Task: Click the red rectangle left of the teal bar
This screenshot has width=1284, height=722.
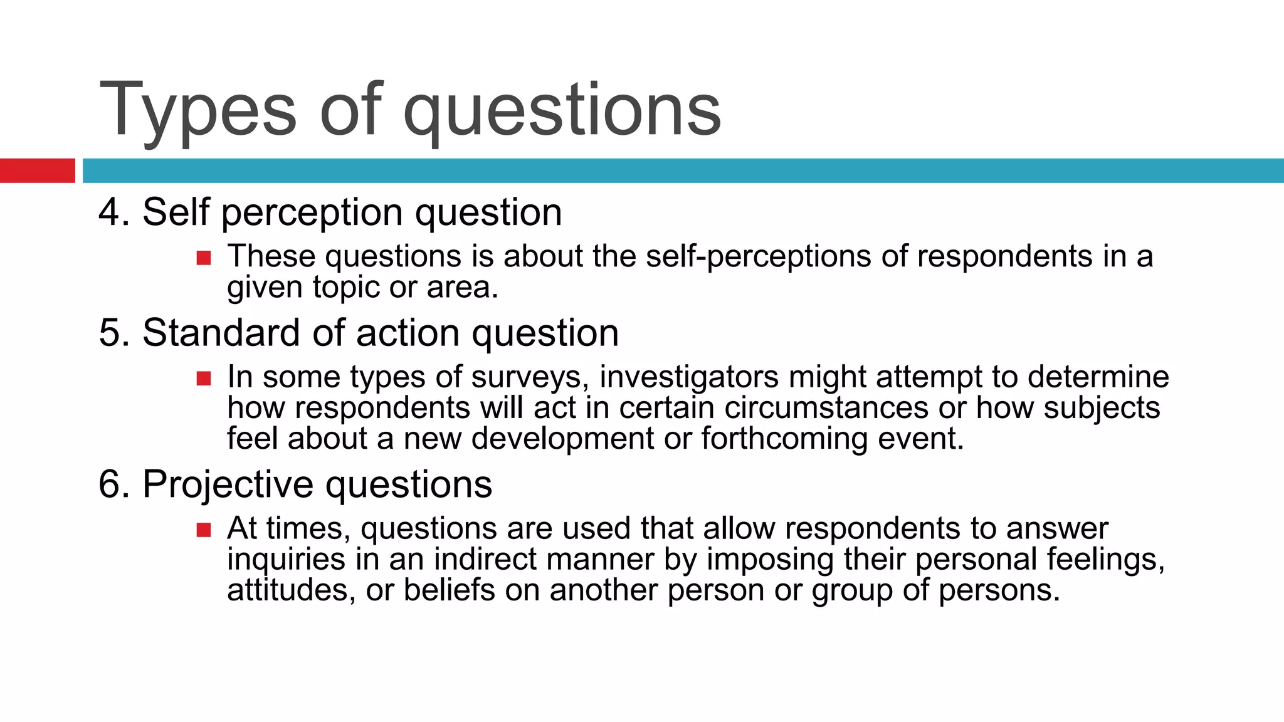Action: (x=37, y=170)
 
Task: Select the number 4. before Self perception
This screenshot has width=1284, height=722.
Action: (x=114, y=212)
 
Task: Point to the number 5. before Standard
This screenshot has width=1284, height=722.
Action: (x=114, y=332)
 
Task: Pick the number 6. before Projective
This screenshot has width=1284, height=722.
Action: (x=114, y=484)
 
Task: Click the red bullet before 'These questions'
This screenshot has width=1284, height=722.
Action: (x=204, y=258)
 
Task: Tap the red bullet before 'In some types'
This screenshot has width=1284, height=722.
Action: (x=204, y=378)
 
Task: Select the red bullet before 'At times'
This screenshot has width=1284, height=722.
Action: (x=204, y=530)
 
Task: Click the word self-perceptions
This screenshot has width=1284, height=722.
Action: (x=759, y=256)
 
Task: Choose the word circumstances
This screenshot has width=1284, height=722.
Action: (x=826, y=407)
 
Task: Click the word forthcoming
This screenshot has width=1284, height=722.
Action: (x=784, y=438)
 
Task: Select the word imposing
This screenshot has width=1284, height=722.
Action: (x=771, y=559)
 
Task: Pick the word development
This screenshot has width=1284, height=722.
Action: (x=562, y=438)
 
